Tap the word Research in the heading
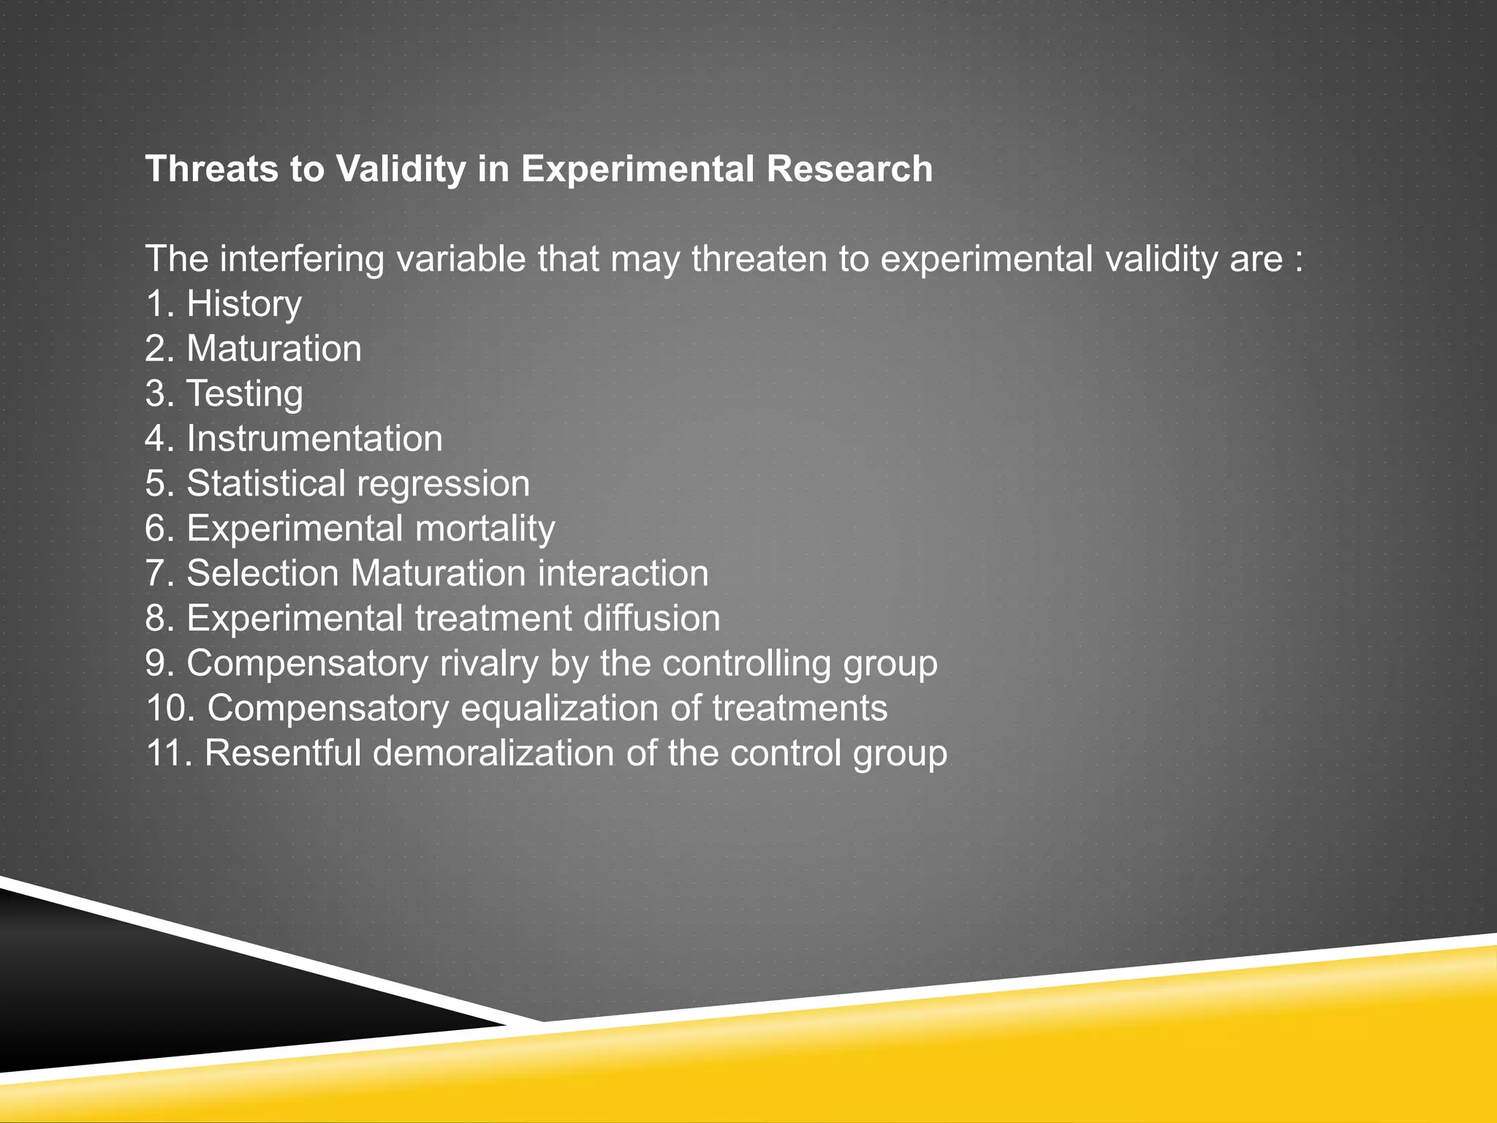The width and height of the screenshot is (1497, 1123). pyautogui.click(x=849, y=170)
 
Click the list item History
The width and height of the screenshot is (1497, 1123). pyautogui.click(x=243, y=304)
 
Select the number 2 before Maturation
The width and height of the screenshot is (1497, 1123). pyautogui.click(x=155, y=349)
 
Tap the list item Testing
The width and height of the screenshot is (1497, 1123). pyautogui.click(x=244, y=394)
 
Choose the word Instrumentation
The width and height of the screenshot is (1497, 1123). pyautogui.click(x=314, y=439)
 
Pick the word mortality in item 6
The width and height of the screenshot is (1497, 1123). pyautogui.click(x=485, y=529)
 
